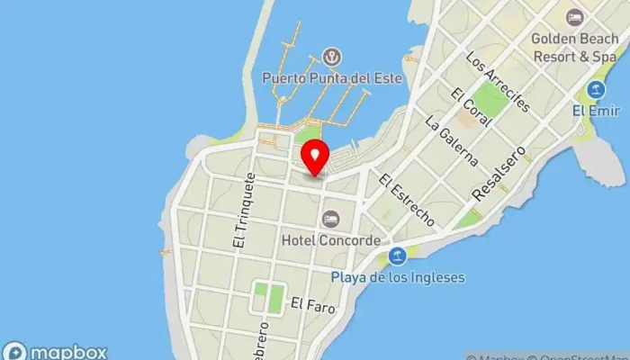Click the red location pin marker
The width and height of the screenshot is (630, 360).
point(314,157)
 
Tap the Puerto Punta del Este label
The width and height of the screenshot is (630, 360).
point(329,77)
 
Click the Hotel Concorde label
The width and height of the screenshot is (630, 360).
point(330,239)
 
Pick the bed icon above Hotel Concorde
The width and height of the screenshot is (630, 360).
point(331,219)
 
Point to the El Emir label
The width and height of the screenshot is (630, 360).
point(591,111)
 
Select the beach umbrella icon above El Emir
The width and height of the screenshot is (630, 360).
point(595,90)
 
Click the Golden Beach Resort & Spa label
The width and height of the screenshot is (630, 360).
point(573,47)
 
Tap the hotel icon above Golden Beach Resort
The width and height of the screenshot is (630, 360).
point(574,17)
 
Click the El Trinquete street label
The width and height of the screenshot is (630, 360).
point(240,212)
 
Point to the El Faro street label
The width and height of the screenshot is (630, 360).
point(312,307)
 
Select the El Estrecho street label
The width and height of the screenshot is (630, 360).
point(407,200)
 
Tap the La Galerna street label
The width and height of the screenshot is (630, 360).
point(452,139)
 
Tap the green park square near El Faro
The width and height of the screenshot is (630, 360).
point(268,298)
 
